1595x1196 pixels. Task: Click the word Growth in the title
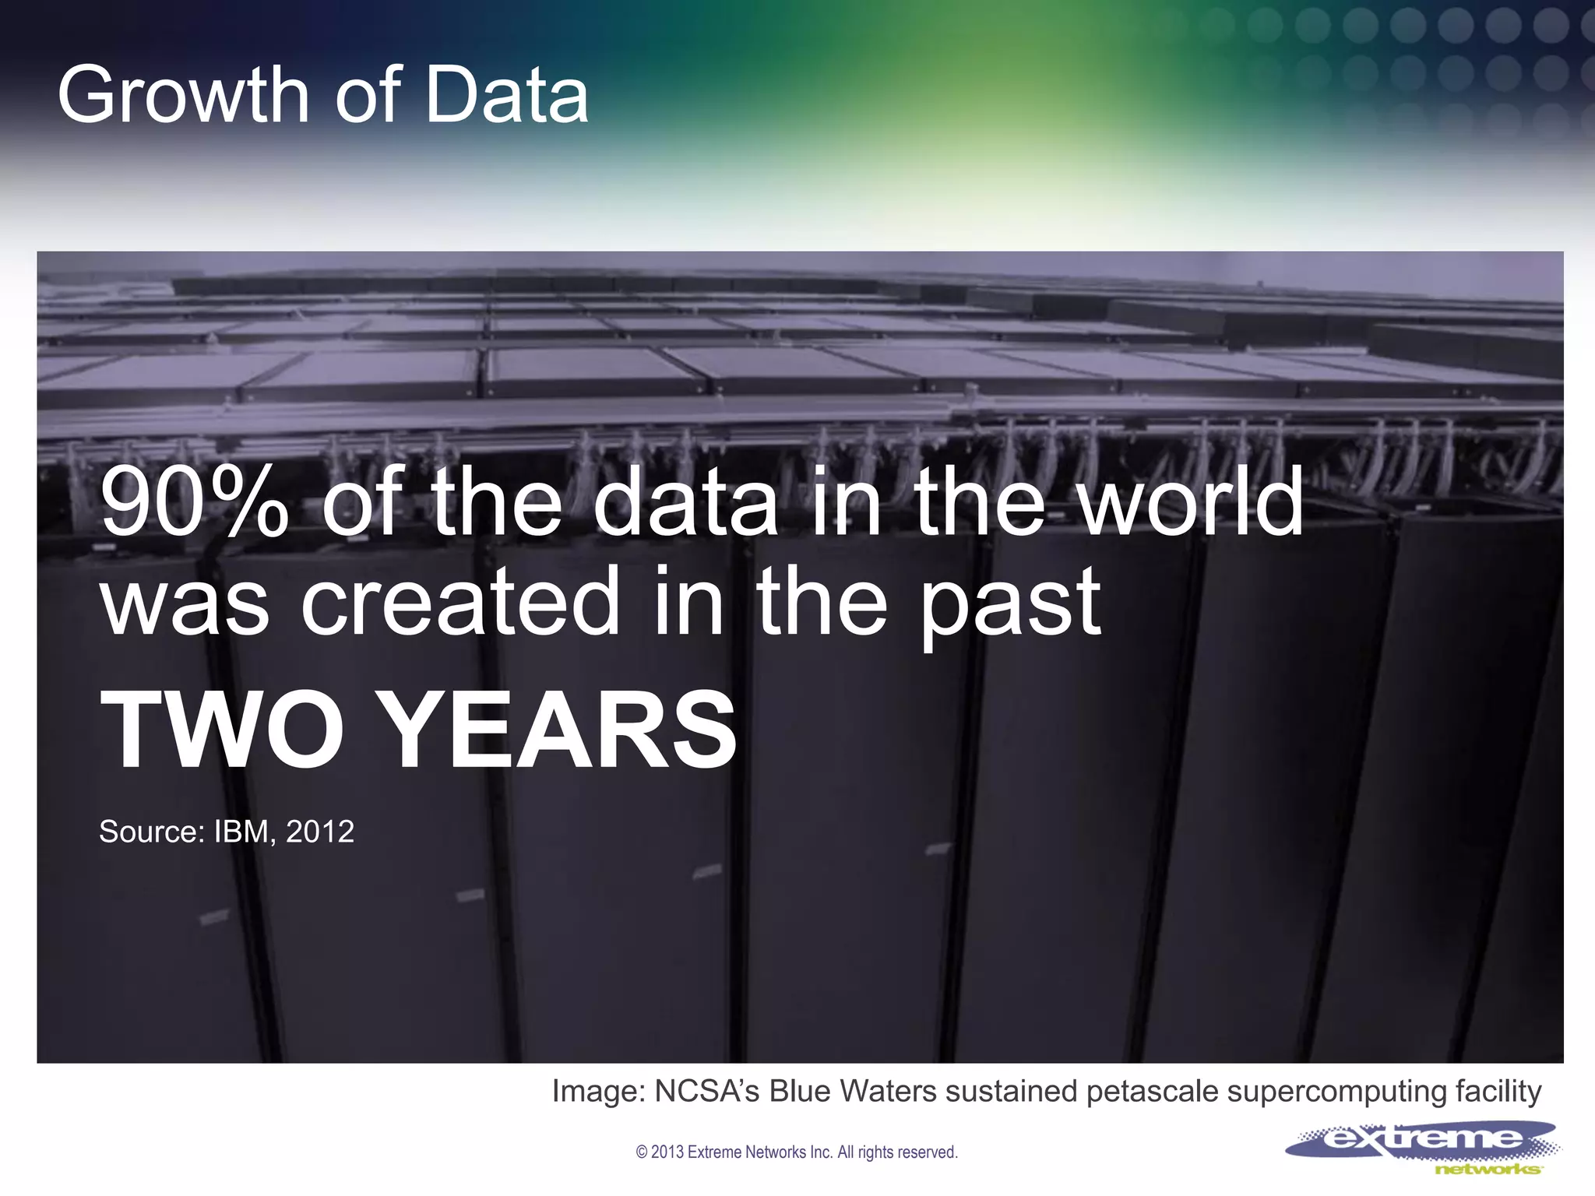pyautogui.click(x=184, y=95)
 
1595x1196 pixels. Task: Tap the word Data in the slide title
pyautogui.click(x=507, y=95)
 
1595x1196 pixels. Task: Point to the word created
pyautogui.click(x=459, y=603)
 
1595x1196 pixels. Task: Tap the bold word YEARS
pyautogui.click(x=560, y=730)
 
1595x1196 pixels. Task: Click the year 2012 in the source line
pyautogui.click(x=320, y=832)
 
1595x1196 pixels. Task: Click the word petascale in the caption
pyautogui.click(x=1152, y=1092)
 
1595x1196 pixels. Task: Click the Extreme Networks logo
pyautogui.click(x=1422, y=1147)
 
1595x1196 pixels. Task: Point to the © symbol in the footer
pyautogui.click(x=642, y=1152)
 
